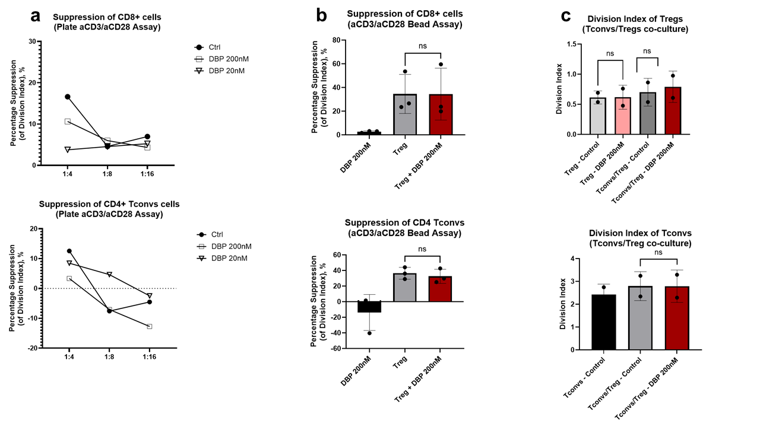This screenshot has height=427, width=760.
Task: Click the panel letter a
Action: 36,17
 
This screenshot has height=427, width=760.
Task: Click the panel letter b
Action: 321,17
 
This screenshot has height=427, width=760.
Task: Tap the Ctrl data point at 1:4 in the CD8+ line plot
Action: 68,97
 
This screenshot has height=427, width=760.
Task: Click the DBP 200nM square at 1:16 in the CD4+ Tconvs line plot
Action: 149,327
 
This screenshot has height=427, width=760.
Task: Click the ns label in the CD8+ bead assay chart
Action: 423,46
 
